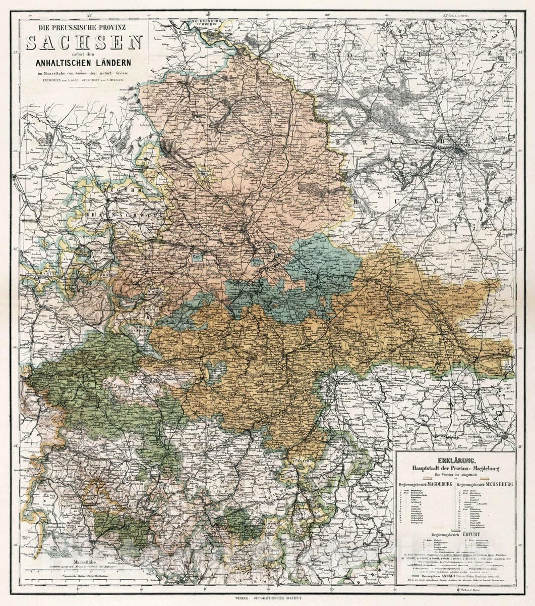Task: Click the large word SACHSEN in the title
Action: tap(84, 43)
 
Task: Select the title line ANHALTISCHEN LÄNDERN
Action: tap(83, 63)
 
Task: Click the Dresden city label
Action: tap(505, 434)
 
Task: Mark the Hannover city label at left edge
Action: tap(21, 177)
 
